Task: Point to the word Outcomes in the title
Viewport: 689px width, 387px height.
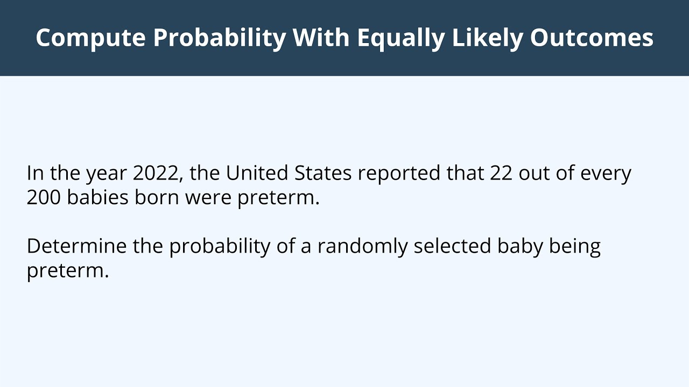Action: (592, 38)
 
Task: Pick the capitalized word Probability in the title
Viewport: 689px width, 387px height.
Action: (220, 38)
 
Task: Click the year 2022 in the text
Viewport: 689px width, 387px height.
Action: (156, 174)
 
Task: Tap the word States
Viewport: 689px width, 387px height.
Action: (323, 174)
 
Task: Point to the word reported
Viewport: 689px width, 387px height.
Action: (399, 174)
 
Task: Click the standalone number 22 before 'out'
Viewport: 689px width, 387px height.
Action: (501, 174)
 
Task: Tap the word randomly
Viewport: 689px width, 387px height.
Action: (362, 246)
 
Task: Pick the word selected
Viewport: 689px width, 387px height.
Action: (452, 246)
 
